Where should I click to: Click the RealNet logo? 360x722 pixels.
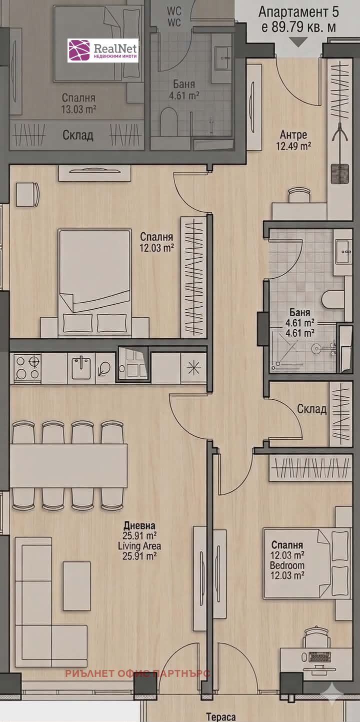tap(103, 51)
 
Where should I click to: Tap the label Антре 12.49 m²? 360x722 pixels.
tap(293, 140)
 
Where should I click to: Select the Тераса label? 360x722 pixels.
tap(221, 716)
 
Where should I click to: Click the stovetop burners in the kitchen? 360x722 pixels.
tap(27, 367)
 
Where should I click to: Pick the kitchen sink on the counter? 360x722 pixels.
tap(81, 367)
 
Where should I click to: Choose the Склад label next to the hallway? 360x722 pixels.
tap(311, 409)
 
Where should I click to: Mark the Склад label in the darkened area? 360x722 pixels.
tap(78, 135)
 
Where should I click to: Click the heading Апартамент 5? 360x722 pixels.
tap(298, 12)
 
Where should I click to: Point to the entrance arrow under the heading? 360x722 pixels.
tap(298, 42)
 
